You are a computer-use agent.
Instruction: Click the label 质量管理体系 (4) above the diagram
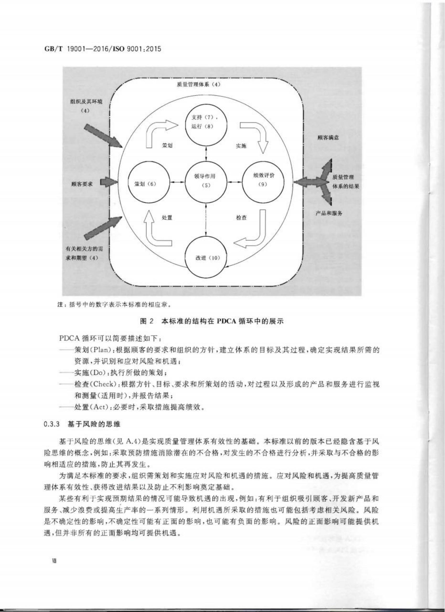(x=199, y=84)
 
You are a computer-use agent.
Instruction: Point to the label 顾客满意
(x=328, y=138)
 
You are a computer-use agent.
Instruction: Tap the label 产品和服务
(x=329, y=213)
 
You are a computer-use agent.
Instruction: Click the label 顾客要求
(x=82, y=184)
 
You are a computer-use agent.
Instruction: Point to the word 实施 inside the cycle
(x=241, y=146)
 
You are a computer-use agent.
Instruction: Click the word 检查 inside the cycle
(x=241, y=217)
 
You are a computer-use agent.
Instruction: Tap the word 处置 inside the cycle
(x=167, y=217)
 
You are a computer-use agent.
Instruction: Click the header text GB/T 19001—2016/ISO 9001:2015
(x=102, y=49)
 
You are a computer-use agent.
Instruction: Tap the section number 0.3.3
(x=52, y=424)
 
